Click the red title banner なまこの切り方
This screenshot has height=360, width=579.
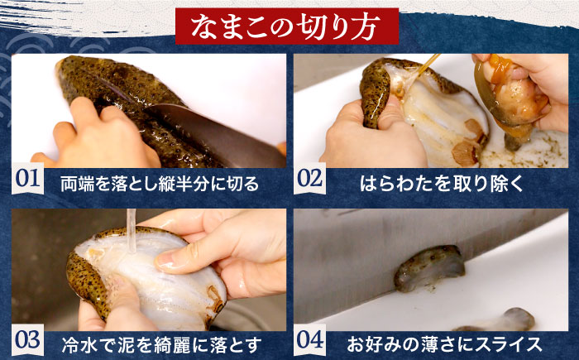[x=287, y=26]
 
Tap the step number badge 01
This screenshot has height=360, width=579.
[x=27, y=179]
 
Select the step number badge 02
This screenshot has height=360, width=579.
[x=310, y=179]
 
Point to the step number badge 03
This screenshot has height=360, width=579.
[x=27, y=340]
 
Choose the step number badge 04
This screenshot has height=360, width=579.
[x=310, y=340]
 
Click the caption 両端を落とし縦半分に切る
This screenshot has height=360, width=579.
[x=160, y=184]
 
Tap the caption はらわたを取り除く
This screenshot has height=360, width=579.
[x=442, y=184]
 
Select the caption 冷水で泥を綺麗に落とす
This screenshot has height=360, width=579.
[x=162, y=345]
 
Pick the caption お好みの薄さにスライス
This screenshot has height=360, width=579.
[x=444, y=344]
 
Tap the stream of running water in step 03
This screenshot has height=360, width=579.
[x=131, y=231]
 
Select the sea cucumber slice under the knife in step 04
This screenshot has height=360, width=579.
[x=429, y=267]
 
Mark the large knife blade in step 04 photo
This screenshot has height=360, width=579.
[x=406, y=259]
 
